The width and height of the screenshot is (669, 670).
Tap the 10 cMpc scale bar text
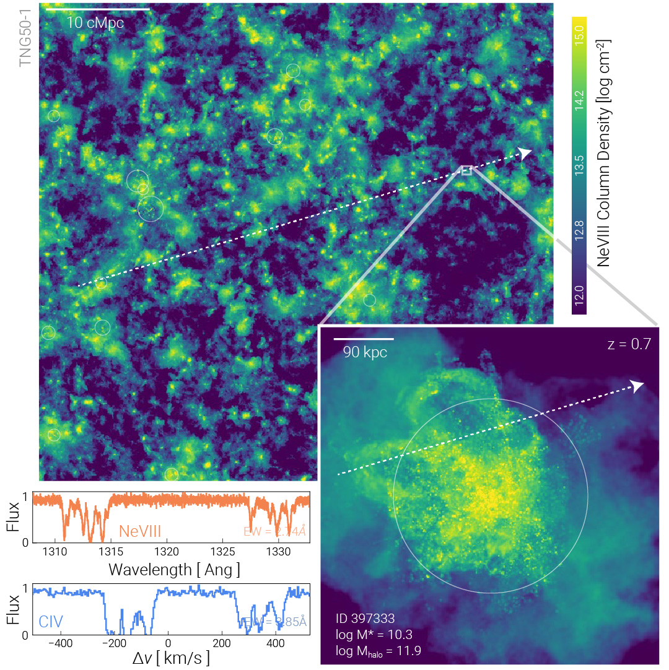point(95,24)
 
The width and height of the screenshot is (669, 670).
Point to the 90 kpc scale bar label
point(365,352)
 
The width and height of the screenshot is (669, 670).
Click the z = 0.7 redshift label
point(629,344)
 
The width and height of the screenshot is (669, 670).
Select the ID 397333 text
point(365,618)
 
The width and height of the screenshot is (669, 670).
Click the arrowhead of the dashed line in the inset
point(638,386)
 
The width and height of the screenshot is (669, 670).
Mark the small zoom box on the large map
point(466,170)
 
